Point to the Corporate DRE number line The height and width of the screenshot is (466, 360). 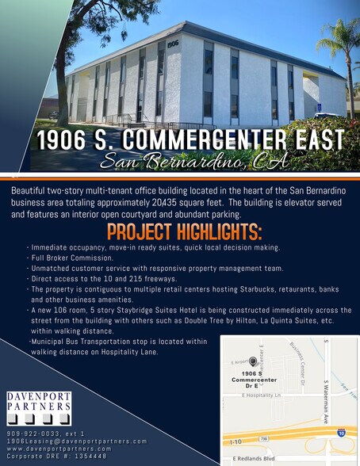[57, 456]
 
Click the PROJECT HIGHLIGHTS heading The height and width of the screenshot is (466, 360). [184, 233]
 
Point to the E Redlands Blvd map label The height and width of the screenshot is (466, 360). [254, 458]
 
